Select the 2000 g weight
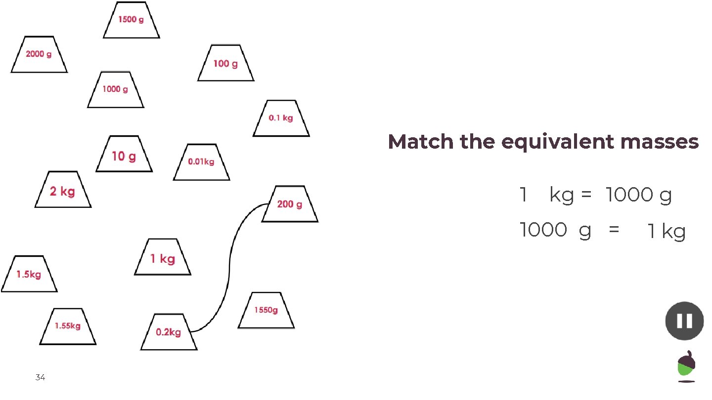39,54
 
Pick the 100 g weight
226,63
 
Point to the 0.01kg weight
201,162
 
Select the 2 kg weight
63,190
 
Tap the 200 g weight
290,204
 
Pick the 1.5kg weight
29,274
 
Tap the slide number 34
41,378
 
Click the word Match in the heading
421,142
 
